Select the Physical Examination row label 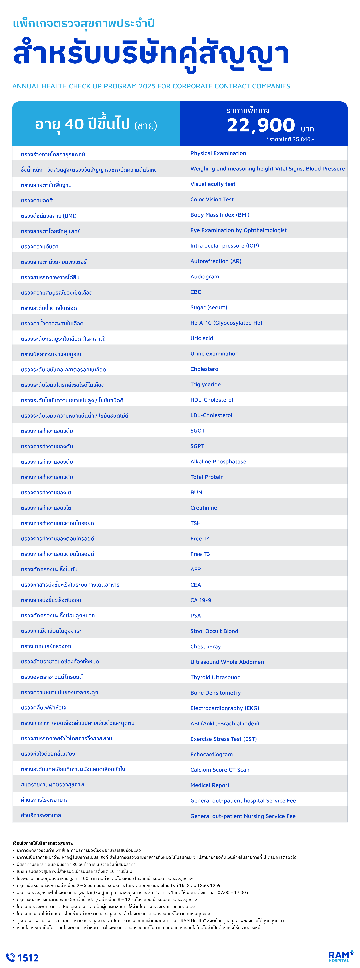point(218,153)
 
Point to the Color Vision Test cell point(212,199)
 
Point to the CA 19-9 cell point(201,600)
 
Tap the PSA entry point(195,616)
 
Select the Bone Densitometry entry point(215,693)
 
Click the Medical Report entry point(210,785)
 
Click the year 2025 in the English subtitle point(147,86)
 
